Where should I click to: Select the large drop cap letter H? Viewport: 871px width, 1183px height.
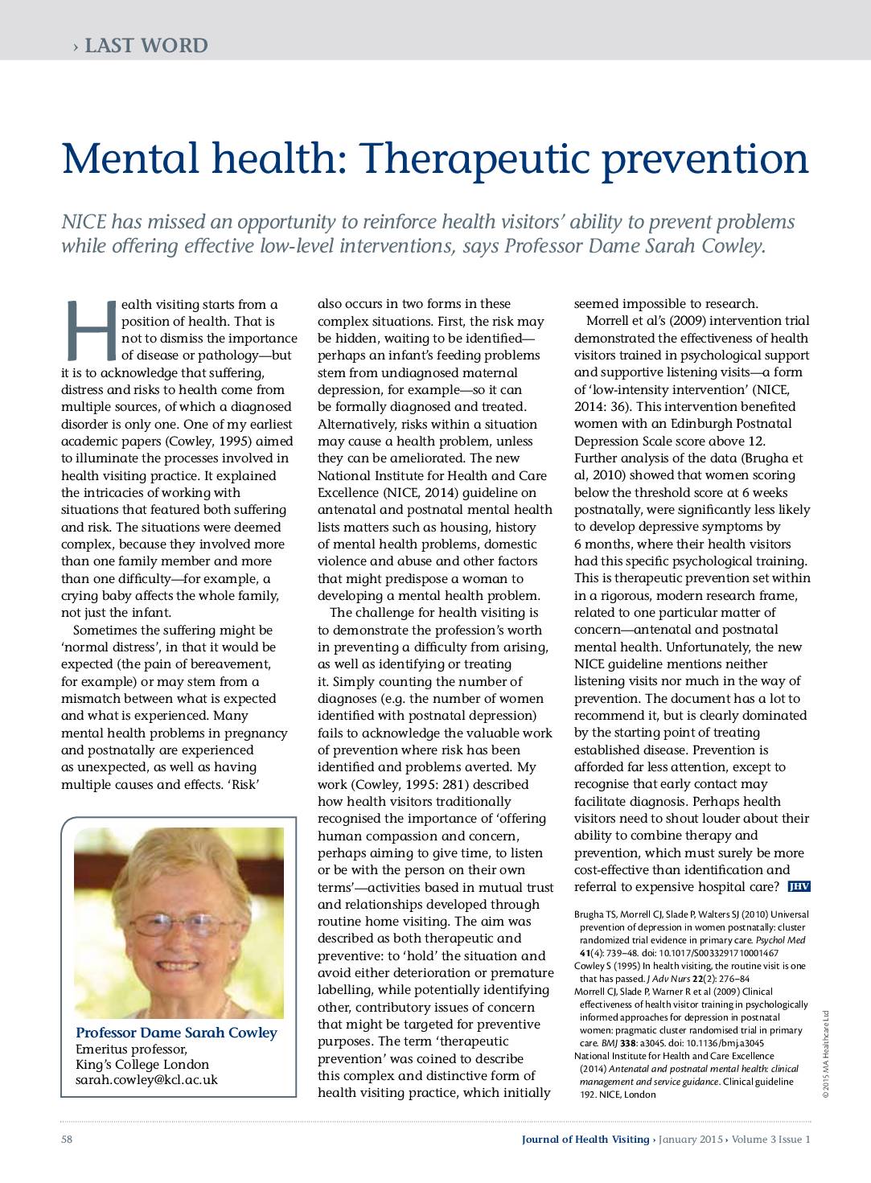tap(88, 331)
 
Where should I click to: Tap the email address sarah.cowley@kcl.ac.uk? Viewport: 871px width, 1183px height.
tap(146, 1080)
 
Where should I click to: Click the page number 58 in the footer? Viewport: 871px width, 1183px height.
tap(68, 1139)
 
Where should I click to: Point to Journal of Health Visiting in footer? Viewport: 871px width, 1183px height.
tap(585, 1139)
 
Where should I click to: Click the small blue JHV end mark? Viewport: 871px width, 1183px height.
tap(799, 887)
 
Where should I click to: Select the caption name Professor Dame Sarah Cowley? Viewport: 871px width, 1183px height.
tap(175, 1033)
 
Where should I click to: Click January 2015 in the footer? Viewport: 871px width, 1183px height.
tap(690, 1139)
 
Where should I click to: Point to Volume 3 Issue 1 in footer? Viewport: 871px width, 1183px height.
tap(770, 1139)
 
